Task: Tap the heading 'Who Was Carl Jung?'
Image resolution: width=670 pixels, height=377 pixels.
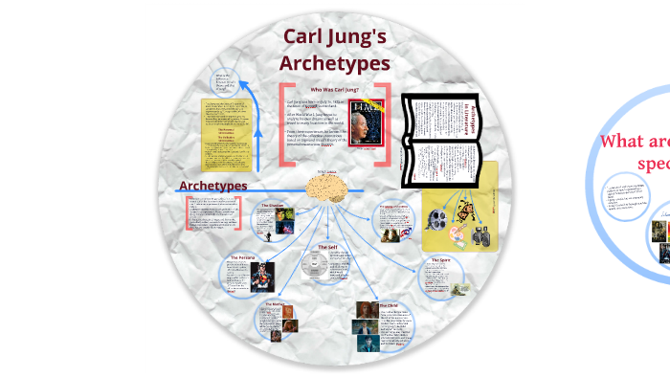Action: pos(333,89)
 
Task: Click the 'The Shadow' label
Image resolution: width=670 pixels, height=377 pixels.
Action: pos(274,205)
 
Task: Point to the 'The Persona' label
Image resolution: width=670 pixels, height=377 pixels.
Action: pos(241,258)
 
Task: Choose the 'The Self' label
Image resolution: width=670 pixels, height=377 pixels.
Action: pos(327,247)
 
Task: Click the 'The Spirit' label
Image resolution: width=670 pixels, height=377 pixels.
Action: pos(440,259)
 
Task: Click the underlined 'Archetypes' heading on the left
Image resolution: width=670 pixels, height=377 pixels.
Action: pos(213,186)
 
